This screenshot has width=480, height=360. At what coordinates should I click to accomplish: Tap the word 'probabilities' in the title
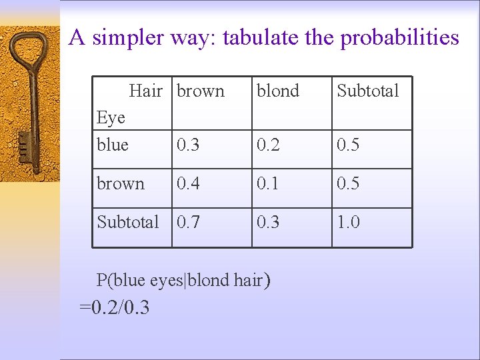(399, 37)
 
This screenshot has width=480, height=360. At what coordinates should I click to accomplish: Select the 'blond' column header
(278, 91)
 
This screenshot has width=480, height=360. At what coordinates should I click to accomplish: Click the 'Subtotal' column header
(367, 91)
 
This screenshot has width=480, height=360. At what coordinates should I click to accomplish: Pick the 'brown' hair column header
(201, 91)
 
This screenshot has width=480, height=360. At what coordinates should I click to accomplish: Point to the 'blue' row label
(113, 145)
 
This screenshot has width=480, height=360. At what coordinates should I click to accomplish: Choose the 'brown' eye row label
(121, 183)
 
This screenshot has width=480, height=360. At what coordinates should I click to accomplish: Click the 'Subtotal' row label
(128, 222)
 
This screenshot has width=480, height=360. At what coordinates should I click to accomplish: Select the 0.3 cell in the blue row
(187, 145)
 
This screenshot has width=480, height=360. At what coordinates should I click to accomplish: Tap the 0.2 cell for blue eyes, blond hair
(268, 145)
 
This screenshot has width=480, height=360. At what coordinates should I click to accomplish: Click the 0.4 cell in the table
(187, 183)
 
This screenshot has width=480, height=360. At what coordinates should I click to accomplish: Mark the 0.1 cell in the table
(268, 183)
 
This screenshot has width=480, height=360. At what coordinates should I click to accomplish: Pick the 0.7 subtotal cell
(187, 222)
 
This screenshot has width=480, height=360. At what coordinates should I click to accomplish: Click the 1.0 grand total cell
(348, 222)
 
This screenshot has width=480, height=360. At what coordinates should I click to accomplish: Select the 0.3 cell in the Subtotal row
(268, 222)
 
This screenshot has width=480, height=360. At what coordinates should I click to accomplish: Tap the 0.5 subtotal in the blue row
(348, 145)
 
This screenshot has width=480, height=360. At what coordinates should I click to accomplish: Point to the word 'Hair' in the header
(145, 91)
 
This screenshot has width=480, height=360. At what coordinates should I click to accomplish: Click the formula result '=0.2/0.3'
(114, 307)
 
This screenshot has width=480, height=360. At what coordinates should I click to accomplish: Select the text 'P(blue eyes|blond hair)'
(183, 280)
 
